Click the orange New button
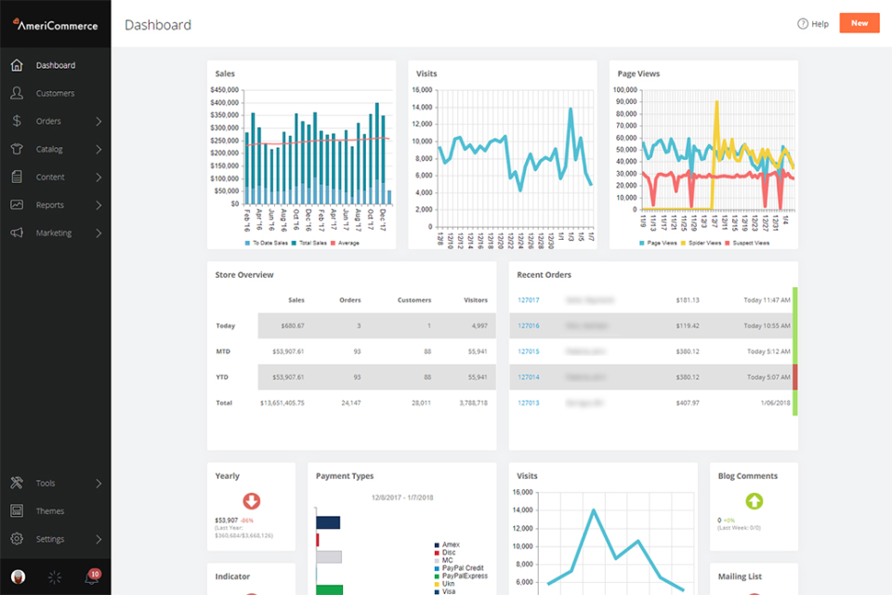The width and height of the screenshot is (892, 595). point(859,23)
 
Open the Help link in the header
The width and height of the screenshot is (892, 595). point(813,24)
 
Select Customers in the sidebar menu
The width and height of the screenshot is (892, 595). point(55,93)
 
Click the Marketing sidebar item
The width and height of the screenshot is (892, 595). point(54,232)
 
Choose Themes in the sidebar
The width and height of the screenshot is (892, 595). point(50,510)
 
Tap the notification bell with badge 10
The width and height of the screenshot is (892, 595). point(92,577)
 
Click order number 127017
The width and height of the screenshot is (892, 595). point(529,300)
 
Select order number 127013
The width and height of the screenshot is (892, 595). point(529,403)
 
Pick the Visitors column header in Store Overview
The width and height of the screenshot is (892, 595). point(476,300)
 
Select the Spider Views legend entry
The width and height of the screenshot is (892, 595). point(706,243)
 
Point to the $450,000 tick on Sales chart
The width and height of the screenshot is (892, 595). point(225,90)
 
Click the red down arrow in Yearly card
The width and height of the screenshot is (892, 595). point(251,502)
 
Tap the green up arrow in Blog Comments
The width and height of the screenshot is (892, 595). point(754,502)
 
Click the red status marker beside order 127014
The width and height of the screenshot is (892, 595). point(794,377)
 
